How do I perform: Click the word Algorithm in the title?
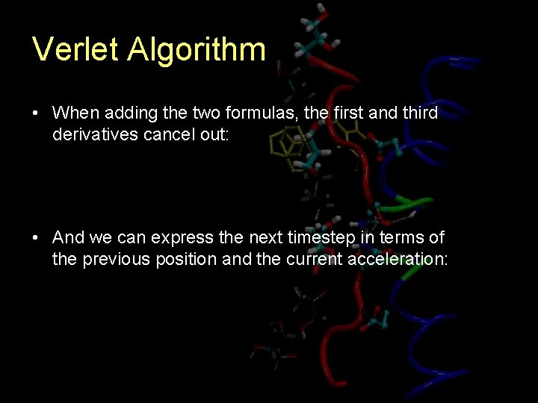197,50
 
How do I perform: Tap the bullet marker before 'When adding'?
36,113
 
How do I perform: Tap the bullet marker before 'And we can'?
36,238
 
